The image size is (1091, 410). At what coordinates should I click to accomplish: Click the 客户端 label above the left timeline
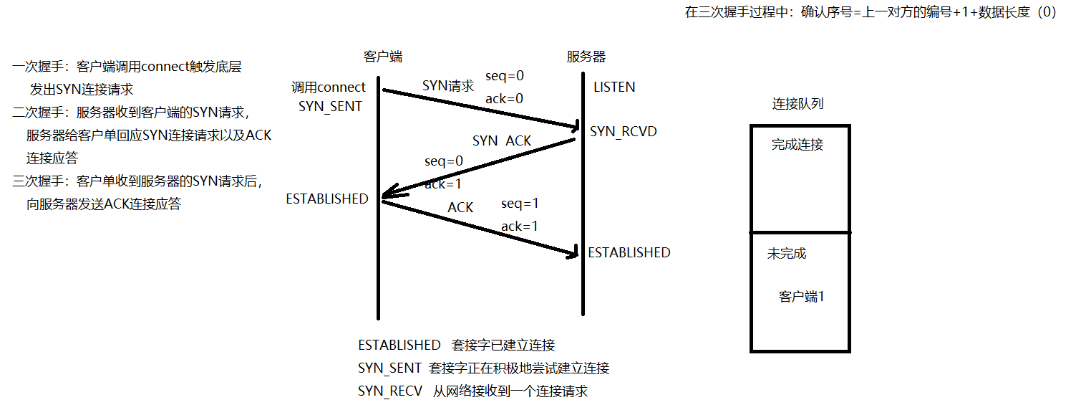point(382,57)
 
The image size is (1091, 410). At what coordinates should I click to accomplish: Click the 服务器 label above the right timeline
point(586,57)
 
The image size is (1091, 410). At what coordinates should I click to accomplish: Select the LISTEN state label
point(614,87)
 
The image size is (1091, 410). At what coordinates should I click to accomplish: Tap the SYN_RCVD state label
point(623,132)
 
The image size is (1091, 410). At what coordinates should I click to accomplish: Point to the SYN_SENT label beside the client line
point(330,106)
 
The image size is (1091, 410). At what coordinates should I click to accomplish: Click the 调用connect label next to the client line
point(328,87)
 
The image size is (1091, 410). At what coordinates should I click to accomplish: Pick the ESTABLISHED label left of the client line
point(326,199)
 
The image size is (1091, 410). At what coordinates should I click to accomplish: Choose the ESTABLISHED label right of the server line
point(629,252)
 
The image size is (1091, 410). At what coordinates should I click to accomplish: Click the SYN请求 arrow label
point(447,86)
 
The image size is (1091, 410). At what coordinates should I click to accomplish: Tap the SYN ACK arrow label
point(501,141)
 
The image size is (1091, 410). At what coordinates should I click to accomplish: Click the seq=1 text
point(519,204)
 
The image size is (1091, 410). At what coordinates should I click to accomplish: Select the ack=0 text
point(504,99)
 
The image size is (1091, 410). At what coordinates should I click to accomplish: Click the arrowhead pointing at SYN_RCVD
point(572,128)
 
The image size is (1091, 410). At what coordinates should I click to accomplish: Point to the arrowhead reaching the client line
point(387,194)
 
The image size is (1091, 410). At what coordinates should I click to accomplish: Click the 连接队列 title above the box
point(797,104)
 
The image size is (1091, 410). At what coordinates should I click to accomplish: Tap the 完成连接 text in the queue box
point(797,145)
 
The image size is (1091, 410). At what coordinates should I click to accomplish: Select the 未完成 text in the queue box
point(786,254)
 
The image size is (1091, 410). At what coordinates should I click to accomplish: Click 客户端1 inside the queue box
point(801,297)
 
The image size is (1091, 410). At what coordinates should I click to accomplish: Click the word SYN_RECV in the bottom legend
point(389,391)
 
